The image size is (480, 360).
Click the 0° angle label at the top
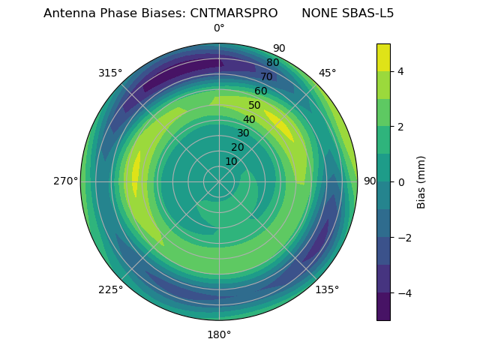click(x=219, y=28)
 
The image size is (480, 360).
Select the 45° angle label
click(x=328, y=73)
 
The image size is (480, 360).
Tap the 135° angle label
click(x=327, y=289)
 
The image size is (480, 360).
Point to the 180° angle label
click(x=219, y=334)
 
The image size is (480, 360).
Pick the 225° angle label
click(x=110, y=289)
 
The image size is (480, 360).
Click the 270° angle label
click(x=65, y=181)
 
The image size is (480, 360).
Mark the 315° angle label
click(x=110, y=73)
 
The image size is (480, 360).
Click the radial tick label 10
click(x=231, y=161)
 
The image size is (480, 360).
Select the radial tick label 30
click(x=243, y=133)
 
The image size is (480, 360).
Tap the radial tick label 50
click(x=255, y=106)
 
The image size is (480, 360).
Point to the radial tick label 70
click(x=266, y=77)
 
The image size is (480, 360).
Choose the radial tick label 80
click(x=272, y=63)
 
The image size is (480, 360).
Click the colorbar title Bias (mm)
click(x=421, y=181)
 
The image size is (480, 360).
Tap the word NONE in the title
click(x=319, y=13)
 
